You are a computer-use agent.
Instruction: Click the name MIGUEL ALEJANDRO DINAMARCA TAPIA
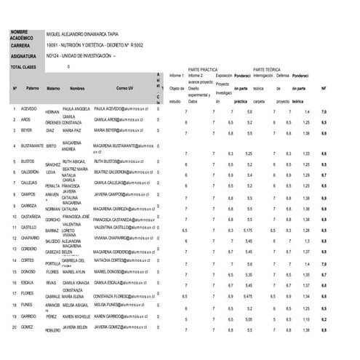(81, 34)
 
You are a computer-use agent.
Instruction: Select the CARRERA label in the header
(20, 45)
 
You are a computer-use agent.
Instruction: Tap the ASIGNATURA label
(24, 55)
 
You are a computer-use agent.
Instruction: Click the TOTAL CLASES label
(25, 67)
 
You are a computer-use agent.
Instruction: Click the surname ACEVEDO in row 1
(29, 108)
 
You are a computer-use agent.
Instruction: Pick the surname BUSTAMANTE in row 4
(34, 145)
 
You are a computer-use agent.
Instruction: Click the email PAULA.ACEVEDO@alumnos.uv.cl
(121, 108)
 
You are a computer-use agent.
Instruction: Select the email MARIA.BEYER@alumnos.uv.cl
(116, 130)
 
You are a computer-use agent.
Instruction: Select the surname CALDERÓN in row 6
(31, 172)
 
